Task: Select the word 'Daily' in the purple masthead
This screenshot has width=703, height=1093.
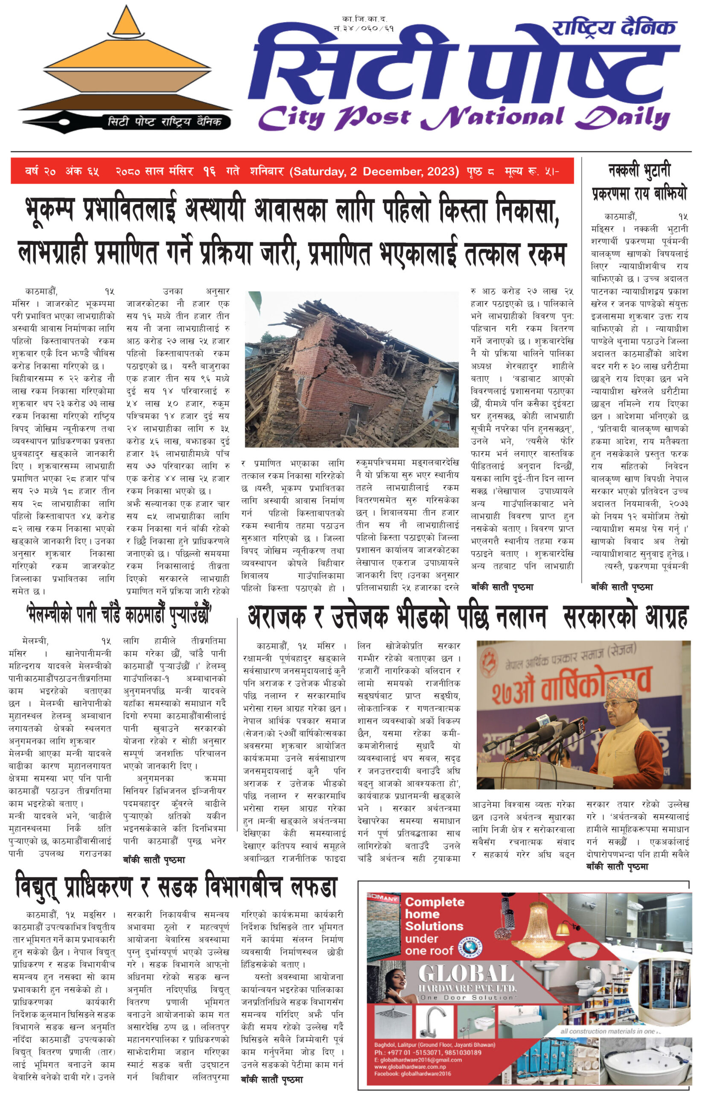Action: click(x=623, y=117)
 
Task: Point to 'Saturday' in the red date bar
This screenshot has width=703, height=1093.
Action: click(x=318, y=172)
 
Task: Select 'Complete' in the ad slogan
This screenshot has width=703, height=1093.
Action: click(x=434, y=902)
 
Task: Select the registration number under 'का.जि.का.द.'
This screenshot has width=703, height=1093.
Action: click(x=363, y=28)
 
